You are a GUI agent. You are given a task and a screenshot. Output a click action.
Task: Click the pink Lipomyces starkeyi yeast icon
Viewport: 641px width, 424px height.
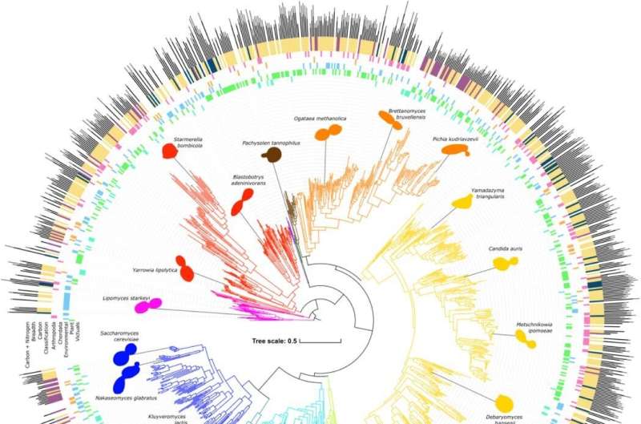click(x=148, y=305)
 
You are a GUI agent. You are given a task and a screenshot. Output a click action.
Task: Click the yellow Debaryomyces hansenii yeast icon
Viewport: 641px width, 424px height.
click(x=508, y=403)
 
